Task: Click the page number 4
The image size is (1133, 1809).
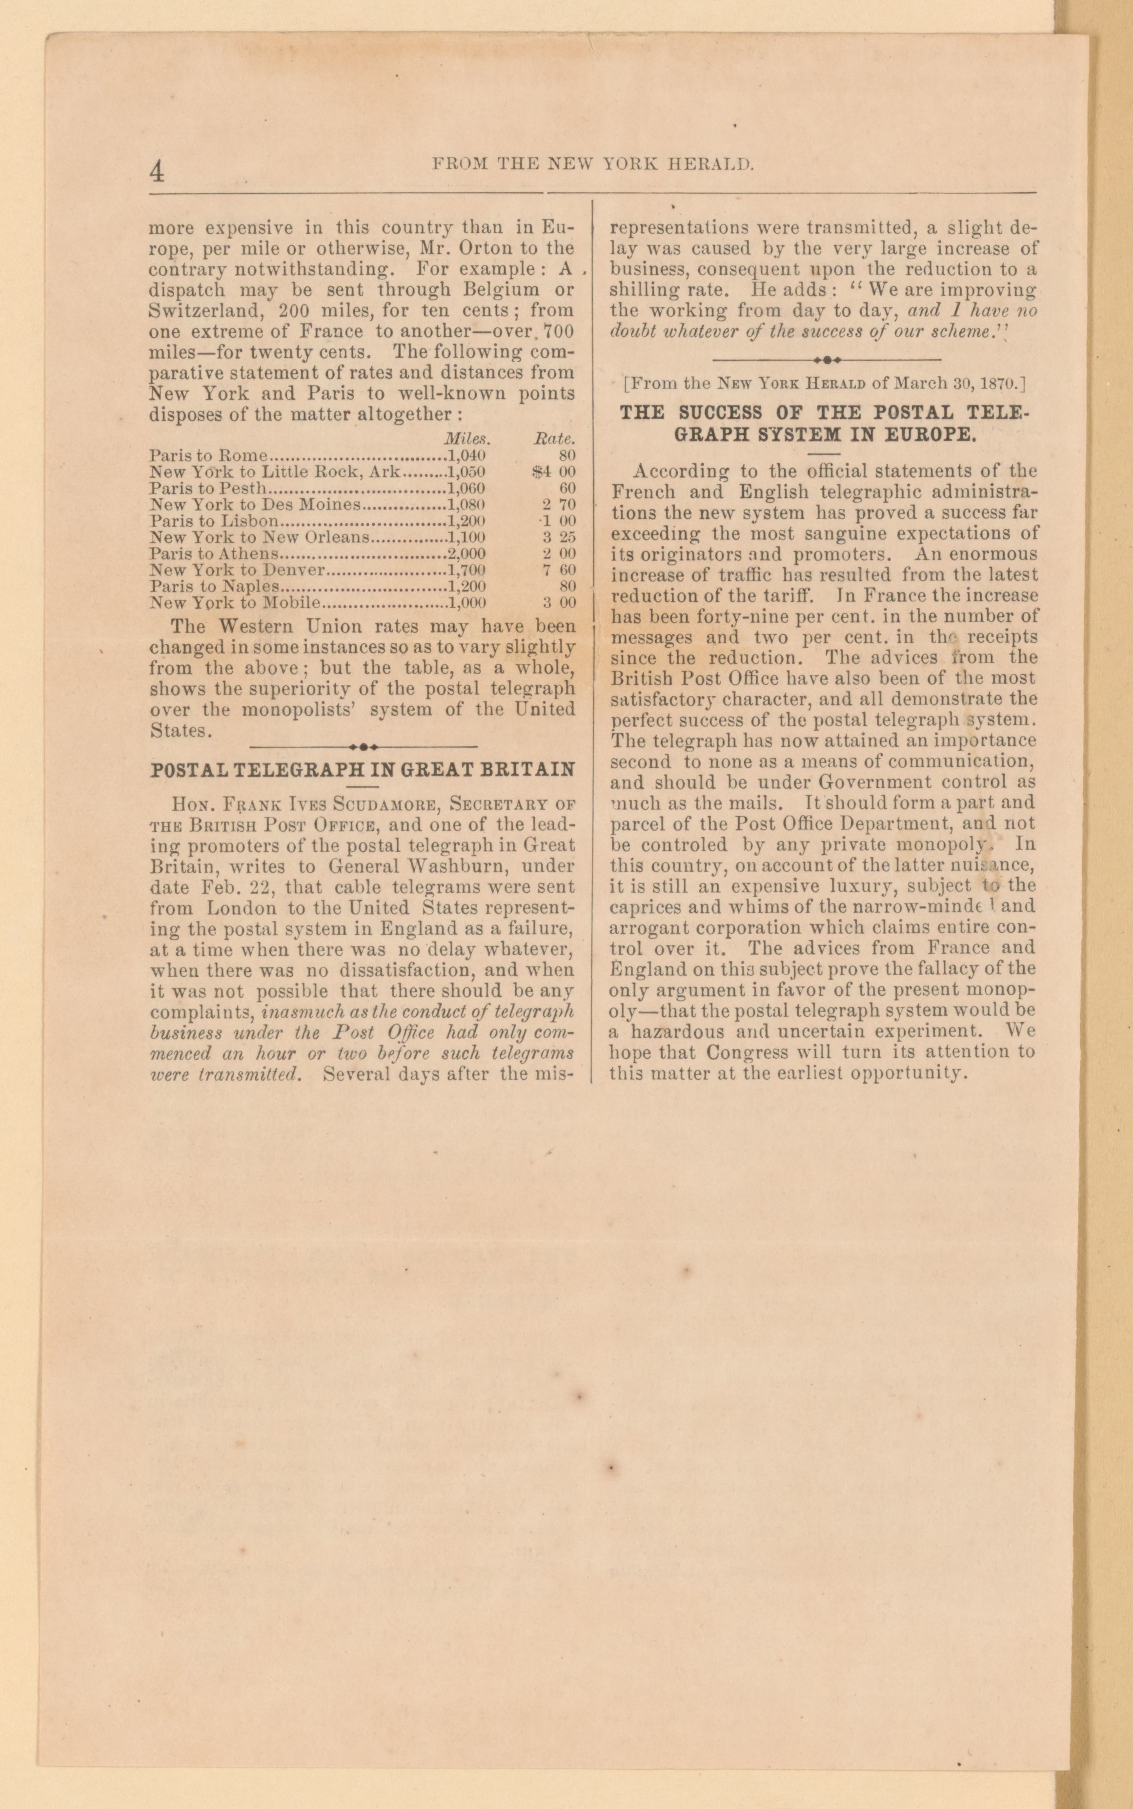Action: (x=157, y=172)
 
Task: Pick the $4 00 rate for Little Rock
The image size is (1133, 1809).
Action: (x=553, y=472)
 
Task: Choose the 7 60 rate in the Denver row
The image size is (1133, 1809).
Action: (x=559, y=570)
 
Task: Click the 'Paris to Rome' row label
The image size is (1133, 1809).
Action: (x=208, y=455)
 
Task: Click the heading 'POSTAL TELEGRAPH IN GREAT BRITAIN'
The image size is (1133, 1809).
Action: (x=363, y=770)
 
